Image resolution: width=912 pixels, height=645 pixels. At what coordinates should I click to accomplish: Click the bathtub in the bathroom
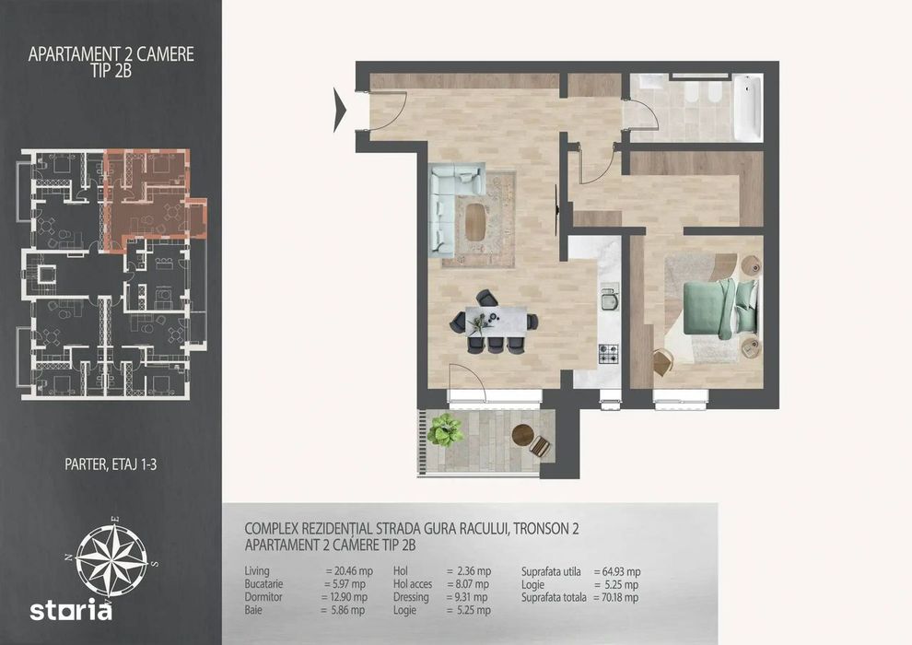tap(747, 107)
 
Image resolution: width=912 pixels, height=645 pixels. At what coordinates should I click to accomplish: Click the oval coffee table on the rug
tap(475, 220)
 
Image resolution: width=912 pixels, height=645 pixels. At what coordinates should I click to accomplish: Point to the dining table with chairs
tap(495, 322)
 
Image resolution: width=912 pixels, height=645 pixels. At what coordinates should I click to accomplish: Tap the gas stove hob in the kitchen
tap(608, 354)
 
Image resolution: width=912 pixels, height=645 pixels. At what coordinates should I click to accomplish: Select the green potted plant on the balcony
tap(445, 429)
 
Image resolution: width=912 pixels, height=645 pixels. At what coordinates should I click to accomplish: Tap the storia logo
tap(71, 610)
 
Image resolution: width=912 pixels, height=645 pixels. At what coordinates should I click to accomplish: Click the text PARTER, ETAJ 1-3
tap(111, 464)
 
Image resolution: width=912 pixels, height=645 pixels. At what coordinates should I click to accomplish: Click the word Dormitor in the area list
tap(263, 597)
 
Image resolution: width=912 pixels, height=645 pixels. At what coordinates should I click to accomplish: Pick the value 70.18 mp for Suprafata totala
tap(620, 597)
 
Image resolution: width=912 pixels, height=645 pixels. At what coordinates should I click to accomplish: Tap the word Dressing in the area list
tap(411, 597)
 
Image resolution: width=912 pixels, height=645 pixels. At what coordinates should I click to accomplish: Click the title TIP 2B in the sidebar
tap(111, 70)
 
